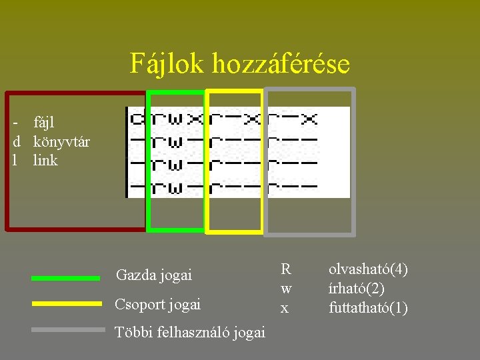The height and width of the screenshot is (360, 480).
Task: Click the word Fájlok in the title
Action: [167, 64]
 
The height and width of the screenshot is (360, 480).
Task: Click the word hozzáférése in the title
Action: [281, 64]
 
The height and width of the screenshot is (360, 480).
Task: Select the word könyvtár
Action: [61, 141]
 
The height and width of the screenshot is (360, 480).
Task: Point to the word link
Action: [45, 161]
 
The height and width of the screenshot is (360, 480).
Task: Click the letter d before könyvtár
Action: [16, 141]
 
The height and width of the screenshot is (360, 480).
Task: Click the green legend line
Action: [66, 278]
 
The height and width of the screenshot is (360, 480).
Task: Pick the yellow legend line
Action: [66, 303]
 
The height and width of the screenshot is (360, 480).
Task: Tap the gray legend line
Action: [68, 329]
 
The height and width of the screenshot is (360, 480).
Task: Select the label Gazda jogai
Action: [153, 275]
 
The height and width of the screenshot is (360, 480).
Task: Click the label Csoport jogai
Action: [157, 305]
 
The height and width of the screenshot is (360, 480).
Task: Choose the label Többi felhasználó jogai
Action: [190, 332]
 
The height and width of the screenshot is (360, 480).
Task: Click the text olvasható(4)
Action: [368, 269]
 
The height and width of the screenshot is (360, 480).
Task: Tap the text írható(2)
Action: [356, 289]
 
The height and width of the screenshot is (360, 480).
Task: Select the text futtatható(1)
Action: [368, 308]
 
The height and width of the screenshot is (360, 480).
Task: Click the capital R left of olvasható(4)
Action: [285, 269]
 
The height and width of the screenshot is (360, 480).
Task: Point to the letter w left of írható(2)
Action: [285, 289]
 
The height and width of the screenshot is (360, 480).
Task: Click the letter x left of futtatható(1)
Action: [285, 308]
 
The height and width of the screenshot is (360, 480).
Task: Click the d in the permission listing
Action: [137, 120]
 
